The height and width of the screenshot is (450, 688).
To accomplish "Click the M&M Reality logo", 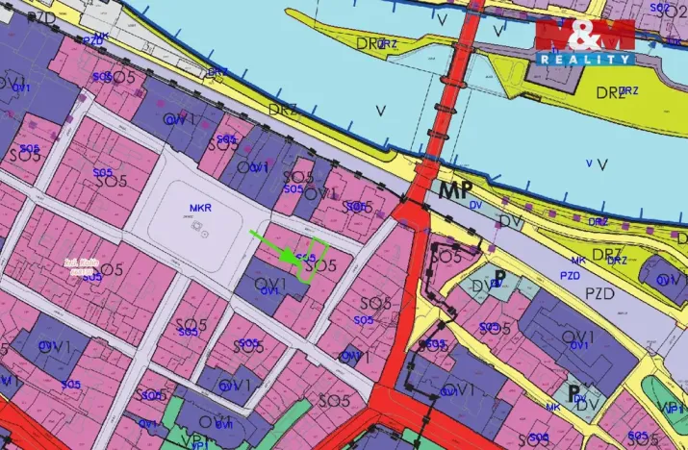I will [584, 40].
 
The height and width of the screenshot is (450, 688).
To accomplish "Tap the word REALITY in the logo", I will [585, 59].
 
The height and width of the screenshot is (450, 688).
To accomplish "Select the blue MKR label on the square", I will [201, 208].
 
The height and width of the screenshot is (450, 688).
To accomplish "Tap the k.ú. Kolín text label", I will [83, 266].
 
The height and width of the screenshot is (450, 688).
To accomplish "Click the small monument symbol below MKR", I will [200, 229].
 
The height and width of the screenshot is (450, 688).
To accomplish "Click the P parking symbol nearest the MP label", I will [501, 276].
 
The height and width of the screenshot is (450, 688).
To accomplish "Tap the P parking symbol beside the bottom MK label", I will [574, 393].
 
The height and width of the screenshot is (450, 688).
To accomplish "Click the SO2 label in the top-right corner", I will [659, 8].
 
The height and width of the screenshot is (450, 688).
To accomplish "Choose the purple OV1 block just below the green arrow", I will [268, 289].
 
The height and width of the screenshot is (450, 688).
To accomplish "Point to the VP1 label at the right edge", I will [676, 408].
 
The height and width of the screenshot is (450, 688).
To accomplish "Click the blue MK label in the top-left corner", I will [101, 37].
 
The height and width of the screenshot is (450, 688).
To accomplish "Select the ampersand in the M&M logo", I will [585, 34].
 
